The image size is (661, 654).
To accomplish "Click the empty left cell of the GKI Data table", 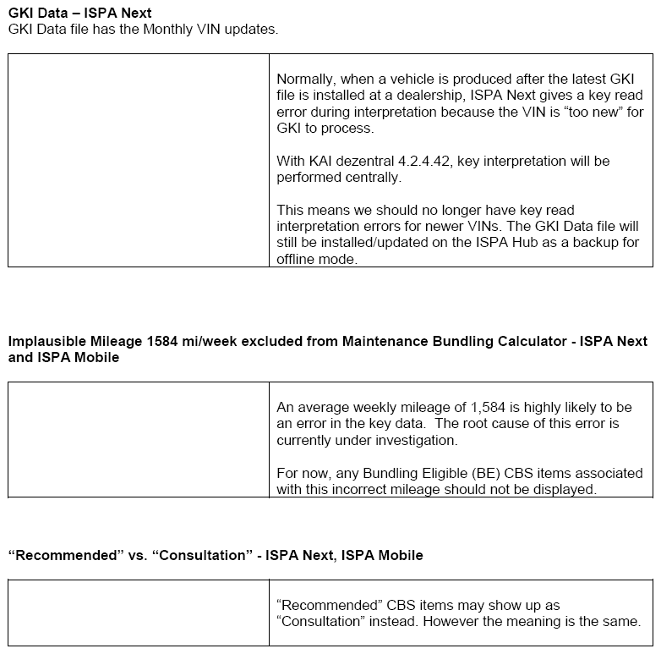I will click(x=139, y=161).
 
